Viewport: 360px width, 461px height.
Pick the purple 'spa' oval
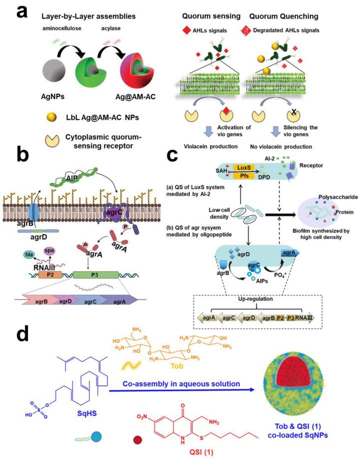pos(49,249)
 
